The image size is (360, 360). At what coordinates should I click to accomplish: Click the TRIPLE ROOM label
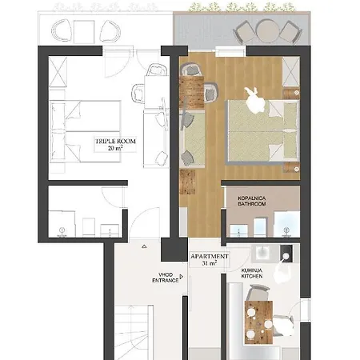[x=115, y=142]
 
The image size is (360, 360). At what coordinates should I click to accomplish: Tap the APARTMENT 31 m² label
[x=210, y=260]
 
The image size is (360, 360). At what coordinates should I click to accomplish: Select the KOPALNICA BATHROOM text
[x=252, y=201]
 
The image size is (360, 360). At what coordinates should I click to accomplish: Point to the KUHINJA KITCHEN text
[x=252, y=274]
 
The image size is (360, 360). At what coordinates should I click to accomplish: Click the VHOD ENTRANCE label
[x=166, y=278]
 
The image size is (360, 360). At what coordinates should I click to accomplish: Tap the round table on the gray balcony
[x=267, y=31]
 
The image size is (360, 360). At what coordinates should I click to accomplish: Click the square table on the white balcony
[x=84, y=32]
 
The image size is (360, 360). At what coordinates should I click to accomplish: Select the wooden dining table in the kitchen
[x=258, y=322]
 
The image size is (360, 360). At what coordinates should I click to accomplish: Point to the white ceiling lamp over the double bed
[x=255, y=100]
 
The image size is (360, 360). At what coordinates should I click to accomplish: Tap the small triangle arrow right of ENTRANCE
[x=182, y=277]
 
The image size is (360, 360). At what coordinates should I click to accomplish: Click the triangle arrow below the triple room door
[x=144, y=246]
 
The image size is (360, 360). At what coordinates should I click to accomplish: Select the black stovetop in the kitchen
[x=286, y=254]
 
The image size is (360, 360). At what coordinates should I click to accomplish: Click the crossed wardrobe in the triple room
[x=58, y=72]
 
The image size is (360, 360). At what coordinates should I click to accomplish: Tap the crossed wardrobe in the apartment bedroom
[x=291, y=71]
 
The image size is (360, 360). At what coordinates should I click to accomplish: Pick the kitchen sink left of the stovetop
[x=261, y=253]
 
